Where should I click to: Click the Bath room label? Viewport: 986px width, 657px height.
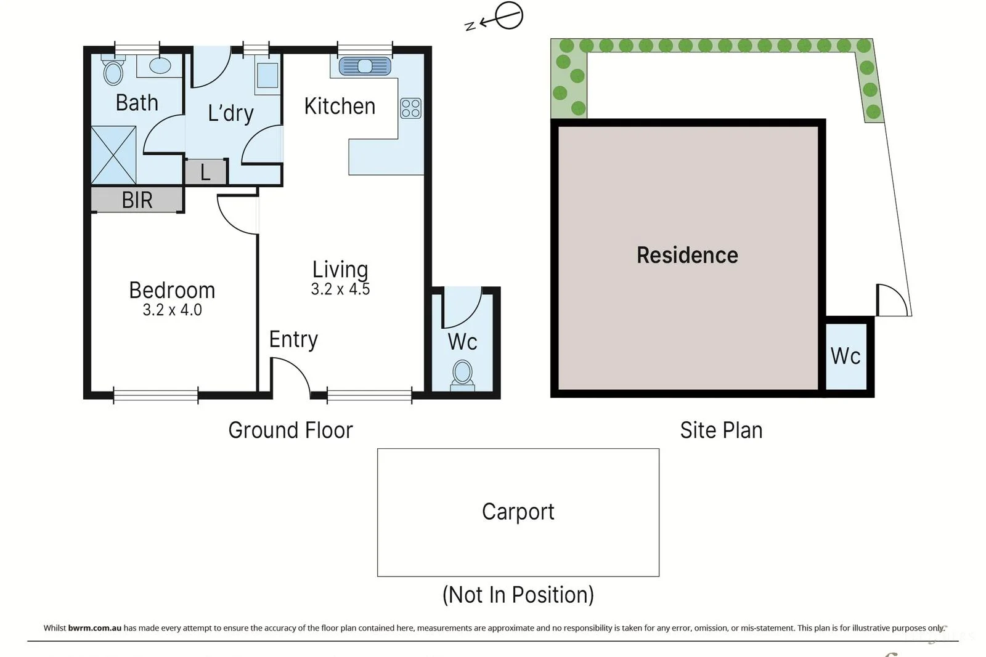click(x=137, y=103)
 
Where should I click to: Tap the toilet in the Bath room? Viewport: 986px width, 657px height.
click(x=113, y=71)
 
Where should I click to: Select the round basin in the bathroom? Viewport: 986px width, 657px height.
click(x=160, y=65)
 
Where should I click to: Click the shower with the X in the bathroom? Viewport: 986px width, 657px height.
click(x=113, y=155)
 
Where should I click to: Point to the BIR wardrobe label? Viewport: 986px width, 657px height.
click(x=137, y=200)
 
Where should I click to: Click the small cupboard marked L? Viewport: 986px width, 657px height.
click(x=205, y=172)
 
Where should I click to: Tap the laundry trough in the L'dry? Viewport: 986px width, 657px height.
click(x=267, y=75)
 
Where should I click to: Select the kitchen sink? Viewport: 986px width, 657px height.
click(x=365, y=66)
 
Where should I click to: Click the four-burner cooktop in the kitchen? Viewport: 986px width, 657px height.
click(x=410, y=108)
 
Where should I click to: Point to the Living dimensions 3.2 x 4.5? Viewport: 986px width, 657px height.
click(x=340, y=289)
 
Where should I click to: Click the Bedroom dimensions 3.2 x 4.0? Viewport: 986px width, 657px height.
click(x=172, y=310)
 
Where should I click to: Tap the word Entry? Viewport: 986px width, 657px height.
click(x=293, y=339)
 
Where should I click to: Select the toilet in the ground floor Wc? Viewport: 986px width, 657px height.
click(x=462, y=374)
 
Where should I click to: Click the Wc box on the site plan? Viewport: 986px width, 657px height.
click(x=845, y=356)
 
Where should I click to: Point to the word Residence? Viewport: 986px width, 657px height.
click(x=687, y=255)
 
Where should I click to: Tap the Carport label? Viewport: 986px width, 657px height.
click(x=518, y=512)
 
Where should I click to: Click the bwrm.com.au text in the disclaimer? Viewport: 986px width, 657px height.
click(x=94, y=628)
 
